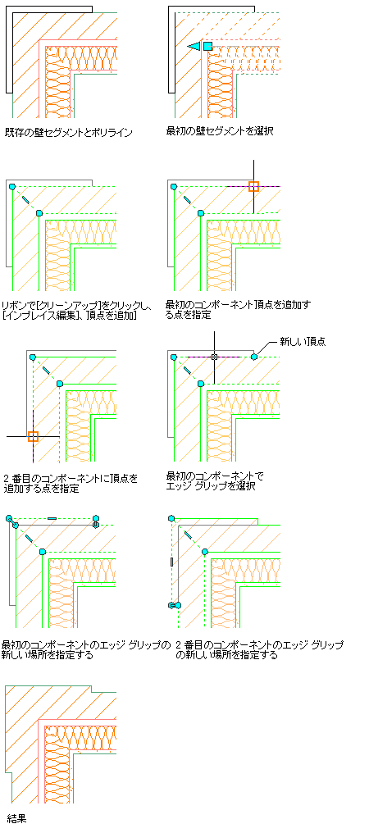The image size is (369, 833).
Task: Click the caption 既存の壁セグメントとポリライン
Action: point(69,133)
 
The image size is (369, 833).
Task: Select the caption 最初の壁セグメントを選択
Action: point(220,130)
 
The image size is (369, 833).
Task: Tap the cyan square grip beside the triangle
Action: point(208,47)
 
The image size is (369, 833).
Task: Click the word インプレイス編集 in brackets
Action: point(39,316)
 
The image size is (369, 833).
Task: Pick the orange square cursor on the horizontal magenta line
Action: point(253,186)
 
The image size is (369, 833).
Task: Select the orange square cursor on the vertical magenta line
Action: point(33,437)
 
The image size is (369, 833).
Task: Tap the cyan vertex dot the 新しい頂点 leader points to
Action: point(254,357)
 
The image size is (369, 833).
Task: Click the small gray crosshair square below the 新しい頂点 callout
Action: point(214,357)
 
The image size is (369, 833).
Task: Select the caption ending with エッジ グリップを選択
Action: point(215,480)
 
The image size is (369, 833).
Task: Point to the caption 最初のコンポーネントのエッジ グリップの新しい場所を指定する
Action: point(87,650)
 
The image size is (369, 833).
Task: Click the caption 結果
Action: point(17,818)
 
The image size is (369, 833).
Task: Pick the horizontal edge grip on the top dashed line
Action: point(52,518)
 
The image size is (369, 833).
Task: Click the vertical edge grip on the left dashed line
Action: point(171,561)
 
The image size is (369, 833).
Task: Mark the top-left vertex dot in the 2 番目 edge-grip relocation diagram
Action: point(171,518)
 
